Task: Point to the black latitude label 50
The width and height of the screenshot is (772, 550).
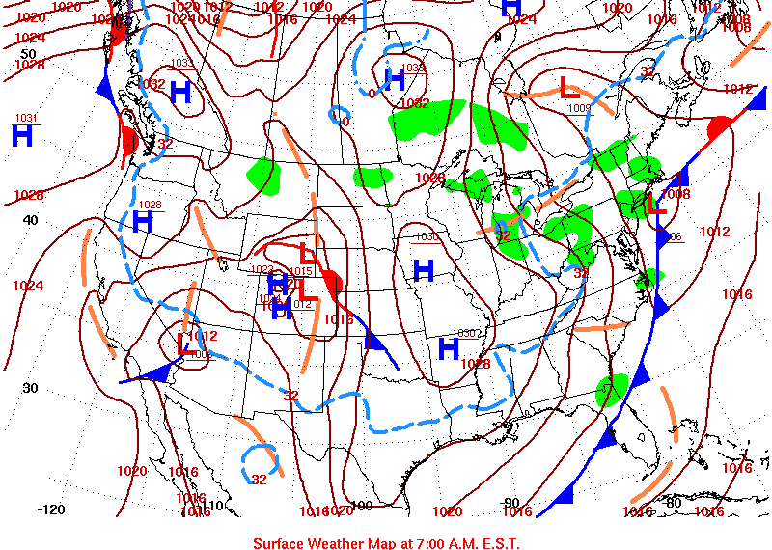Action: tap(29, 54)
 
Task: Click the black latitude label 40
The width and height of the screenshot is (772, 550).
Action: tap(30, 219)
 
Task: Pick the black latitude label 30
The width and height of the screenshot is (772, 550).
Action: tap(30, 388)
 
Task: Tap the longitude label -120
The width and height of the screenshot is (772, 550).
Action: tap(50, 509)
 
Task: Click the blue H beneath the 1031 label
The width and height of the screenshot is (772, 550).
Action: tap(22, 135)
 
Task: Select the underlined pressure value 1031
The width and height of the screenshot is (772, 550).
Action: tap(26, 118)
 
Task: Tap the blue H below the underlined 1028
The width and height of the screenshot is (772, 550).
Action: tap(143, 222)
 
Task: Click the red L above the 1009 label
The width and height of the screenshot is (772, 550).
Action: tap(569, 88)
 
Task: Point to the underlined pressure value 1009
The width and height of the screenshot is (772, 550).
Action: tap(579, 108)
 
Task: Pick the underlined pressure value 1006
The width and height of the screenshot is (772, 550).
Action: tap(672, 236)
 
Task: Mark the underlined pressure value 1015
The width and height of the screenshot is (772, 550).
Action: tap(300, 271)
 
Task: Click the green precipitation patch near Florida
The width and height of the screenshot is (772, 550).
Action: tap(612, 389)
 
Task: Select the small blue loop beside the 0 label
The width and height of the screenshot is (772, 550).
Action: tap(338, 116)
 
